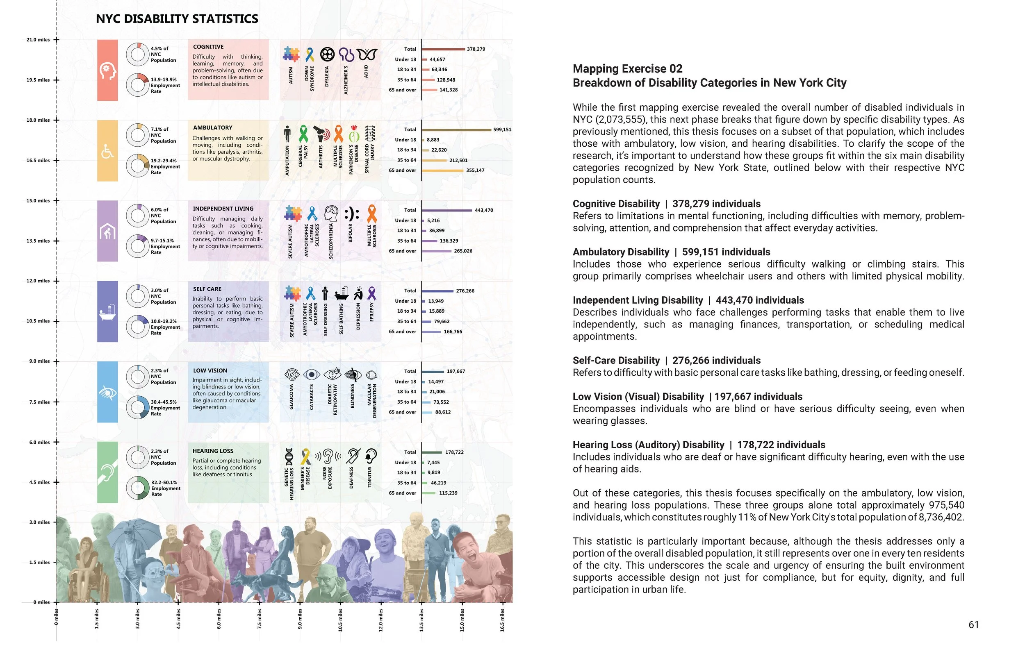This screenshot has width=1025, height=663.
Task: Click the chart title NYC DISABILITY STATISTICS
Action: [x=177, y=19]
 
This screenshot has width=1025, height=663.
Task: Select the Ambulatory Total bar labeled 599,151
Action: [x=456, y=129]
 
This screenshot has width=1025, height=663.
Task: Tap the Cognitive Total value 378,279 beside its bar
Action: [x=476, y=49]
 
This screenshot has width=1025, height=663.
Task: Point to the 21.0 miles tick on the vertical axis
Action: [x=56, y=40]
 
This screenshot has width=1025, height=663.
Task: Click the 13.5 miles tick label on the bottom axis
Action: [x=421, y=620]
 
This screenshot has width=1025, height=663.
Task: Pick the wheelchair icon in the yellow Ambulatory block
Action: [x=107, y=151]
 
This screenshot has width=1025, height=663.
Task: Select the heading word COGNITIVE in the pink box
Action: [x=208, y=47]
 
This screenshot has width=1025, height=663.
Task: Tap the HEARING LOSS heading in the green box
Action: [x=213, y=451]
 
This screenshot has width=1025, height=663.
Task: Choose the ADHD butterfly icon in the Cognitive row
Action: [x=367, y=54]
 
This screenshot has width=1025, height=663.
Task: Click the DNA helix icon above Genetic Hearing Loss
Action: [x=289, y=456]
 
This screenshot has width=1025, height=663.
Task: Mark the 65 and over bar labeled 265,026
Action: [x=436, y=251]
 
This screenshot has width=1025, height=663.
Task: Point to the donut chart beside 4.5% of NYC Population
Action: [x=137, y=54]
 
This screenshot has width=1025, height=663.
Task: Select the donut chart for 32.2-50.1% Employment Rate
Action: [x=137, y=488]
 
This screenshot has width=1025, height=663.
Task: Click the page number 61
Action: [x=973, y=624]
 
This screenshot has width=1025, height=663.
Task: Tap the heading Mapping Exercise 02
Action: [x=627, y=69]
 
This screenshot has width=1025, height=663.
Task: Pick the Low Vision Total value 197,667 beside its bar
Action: [x=456, y=371]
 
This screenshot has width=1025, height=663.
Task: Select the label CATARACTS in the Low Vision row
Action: [x=311, y=397]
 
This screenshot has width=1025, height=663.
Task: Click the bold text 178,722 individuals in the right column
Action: [x=781, y=445]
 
